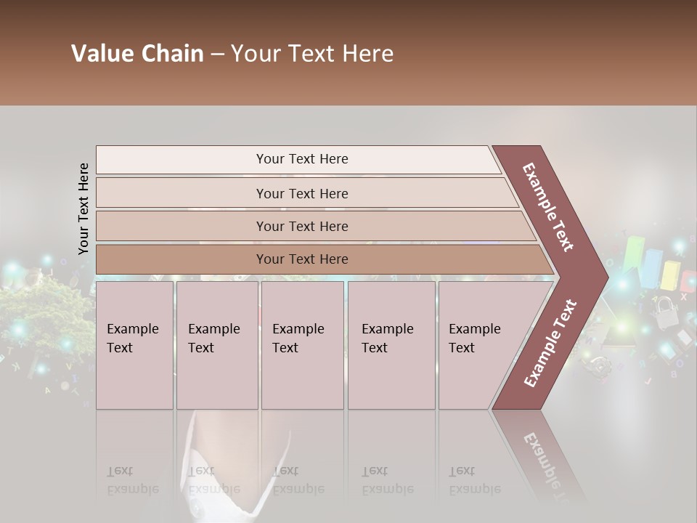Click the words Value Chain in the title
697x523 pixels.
137,54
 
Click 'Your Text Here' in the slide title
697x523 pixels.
312,54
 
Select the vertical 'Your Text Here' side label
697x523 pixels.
83,208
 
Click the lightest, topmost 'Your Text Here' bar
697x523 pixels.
301,159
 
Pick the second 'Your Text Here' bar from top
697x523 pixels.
301,193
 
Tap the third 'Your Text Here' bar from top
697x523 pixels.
301,226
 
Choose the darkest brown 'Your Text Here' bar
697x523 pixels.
301,259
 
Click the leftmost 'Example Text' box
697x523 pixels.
134,344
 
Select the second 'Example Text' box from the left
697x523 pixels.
216,344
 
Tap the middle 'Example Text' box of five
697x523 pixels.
302,344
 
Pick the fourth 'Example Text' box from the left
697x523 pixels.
391,344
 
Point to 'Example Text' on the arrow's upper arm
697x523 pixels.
548,207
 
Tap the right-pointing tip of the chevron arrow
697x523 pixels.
604,277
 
